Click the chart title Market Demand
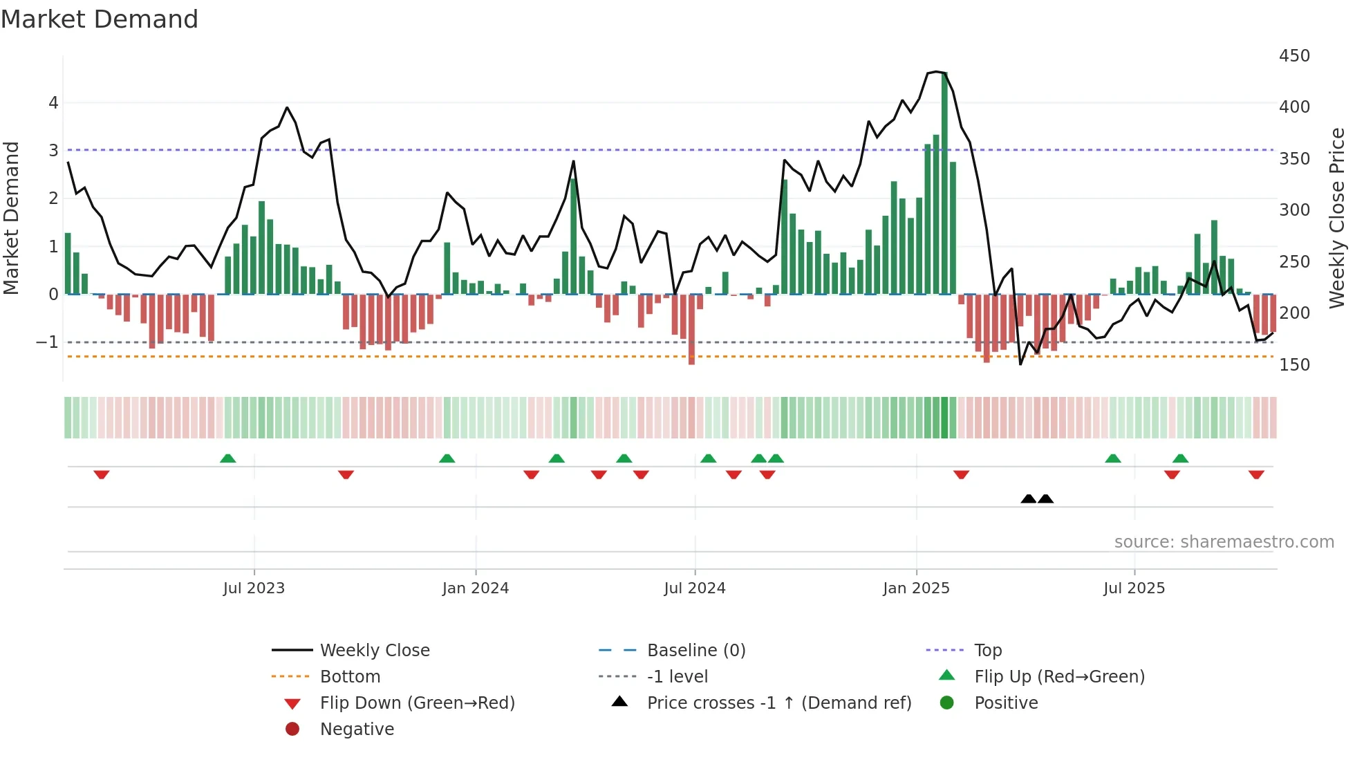(x=100, y=19)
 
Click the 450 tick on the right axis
(x=1293, y=56)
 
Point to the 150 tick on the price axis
(x=1293, y=365)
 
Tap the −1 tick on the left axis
(x=47, y=342)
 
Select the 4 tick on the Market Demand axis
(x=53, y=103)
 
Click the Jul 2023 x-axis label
(x=254, y=588)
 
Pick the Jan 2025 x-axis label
(x=916, y=588)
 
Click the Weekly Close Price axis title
(x=1337, y=218)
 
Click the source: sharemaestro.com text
(x=1224, y=542)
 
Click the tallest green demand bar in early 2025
(x=945, y=183)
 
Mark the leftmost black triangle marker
(x=1029, y=499)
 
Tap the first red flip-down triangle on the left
(x=102, y=474)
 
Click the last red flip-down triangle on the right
(x=1256, y=474)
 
